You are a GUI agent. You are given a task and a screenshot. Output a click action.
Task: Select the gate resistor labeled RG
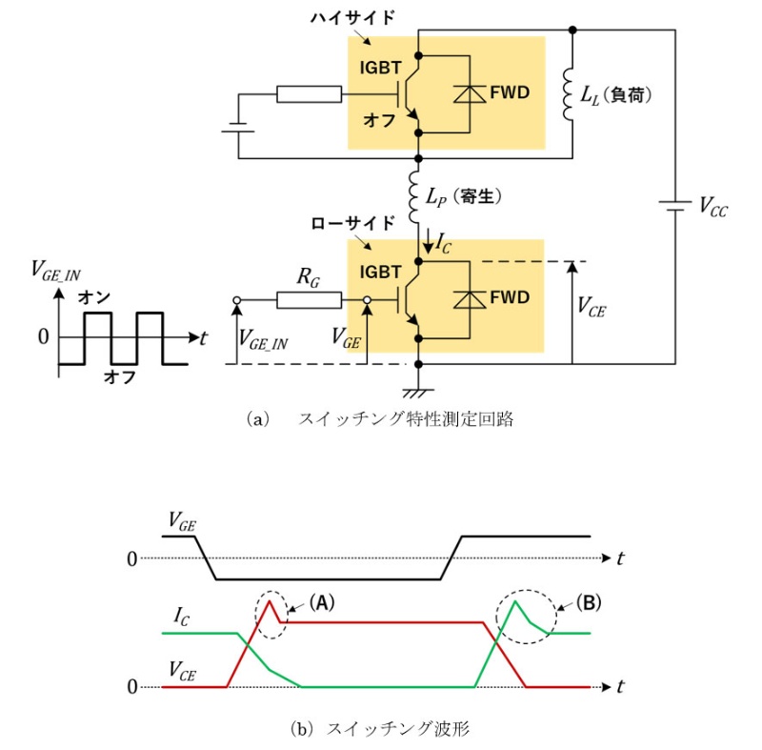click(309, 300)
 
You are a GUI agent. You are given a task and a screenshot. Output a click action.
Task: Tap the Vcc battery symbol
click(675, 206)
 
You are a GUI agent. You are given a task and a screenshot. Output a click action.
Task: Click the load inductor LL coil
click(569, 94)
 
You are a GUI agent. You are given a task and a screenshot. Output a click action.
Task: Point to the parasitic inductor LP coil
click(414, 197)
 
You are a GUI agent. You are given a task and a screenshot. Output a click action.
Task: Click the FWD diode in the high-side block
click(470, 93)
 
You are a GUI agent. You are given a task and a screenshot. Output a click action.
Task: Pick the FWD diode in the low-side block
click(470, 299)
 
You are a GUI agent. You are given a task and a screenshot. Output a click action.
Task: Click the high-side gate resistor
click(309, 94)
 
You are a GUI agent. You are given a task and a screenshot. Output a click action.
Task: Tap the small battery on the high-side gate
click(238, 128)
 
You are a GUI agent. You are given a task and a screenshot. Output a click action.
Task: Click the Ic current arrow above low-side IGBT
click(429, 240)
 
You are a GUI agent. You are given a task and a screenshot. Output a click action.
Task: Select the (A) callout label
click(322, 602)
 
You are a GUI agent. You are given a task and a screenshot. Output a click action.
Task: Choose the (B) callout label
click(589, 602)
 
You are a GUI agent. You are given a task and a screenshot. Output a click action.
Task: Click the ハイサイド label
click(352, 18)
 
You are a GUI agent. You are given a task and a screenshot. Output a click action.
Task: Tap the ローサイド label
click(352, 223)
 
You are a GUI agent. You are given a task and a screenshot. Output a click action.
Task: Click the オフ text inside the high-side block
click(379, 120)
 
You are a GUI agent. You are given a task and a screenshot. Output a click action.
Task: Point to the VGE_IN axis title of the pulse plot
click(56, 272)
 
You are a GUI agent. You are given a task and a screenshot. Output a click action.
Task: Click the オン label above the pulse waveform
click(94, 297)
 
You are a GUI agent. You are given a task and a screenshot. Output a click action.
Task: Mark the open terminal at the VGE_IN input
click(237, 300)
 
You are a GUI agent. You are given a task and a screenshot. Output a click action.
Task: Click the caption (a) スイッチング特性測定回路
click(379, 418)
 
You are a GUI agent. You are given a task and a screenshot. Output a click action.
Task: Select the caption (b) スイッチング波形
click(379, 729)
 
